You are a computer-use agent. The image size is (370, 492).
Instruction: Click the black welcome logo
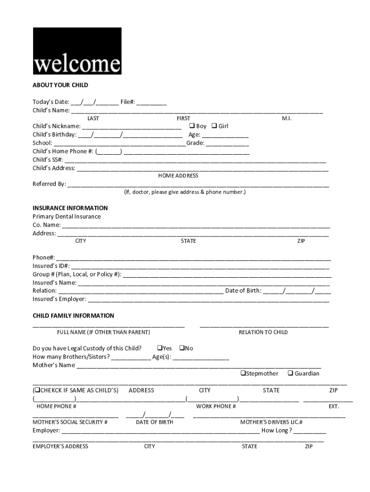tap(77, 51)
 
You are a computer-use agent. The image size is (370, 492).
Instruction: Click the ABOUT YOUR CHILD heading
tap(60, 85)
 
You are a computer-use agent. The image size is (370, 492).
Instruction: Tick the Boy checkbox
tap(192, 126)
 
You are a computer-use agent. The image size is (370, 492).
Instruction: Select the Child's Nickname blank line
tap(132, 127)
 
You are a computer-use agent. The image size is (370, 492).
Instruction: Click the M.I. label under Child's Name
tap(287, 118)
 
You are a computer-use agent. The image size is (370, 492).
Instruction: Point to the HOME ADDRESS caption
tap(178, 176)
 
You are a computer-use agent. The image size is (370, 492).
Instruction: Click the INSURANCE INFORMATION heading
tap(70, 208)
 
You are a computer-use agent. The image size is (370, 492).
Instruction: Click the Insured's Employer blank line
tap(208, 300)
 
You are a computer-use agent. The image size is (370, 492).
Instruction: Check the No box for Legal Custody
tap(182, 348)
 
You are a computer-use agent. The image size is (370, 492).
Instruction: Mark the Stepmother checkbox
tap(243, 373)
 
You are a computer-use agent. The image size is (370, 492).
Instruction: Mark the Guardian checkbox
tap(290, 373)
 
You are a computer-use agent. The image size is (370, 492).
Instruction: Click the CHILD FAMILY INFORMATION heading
tap(73, 316)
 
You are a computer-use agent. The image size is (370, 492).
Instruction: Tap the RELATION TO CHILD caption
tap(263, 332)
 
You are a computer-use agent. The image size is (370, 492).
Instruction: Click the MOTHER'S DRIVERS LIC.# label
tap(271, 422)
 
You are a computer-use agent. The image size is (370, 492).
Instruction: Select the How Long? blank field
tap(309, 431)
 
